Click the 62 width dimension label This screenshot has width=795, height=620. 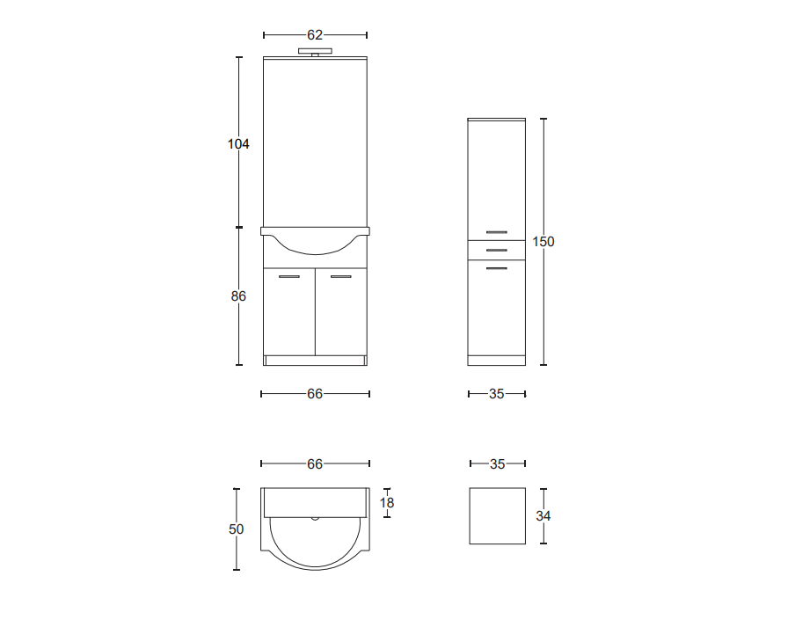click(x=315, y=35)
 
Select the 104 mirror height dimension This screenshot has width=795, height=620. click(x=238, y=144)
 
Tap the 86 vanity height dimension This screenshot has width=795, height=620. click(x=238, y=296)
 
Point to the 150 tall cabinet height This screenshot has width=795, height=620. click(x=543, y=242)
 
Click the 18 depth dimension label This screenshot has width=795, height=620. click(x=387, y=503)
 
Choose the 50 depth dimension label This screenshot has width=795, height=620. click(x=237, y=529)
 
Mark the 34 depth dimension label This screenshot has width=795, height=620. click(x=543, y=516)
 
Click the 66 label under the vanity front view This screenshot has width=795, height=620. click(x=315, y=394)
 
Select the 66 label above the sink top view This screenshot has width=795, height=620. click(x=315, y=463)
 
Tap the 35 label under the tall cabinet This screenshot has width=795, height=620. click(x=497, y=394)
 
